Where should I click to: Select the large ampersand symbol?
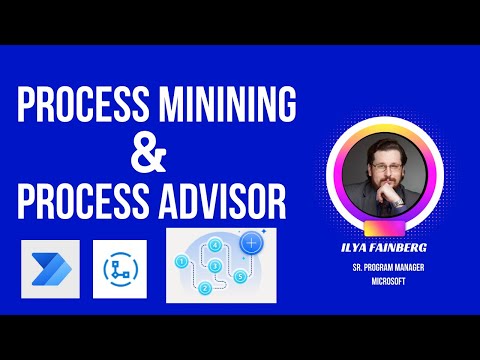coord(148,155)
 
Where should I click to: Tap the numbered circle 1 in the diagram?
coord(181,262)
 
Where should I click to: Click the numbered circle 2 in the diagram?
coord(204,289)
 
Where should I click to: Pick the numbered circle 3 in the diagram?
coord(215,267)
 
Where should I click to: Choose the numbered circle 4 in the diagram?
coord(215,245)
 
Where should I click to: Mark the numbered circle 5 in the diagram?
coord(242,275)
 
